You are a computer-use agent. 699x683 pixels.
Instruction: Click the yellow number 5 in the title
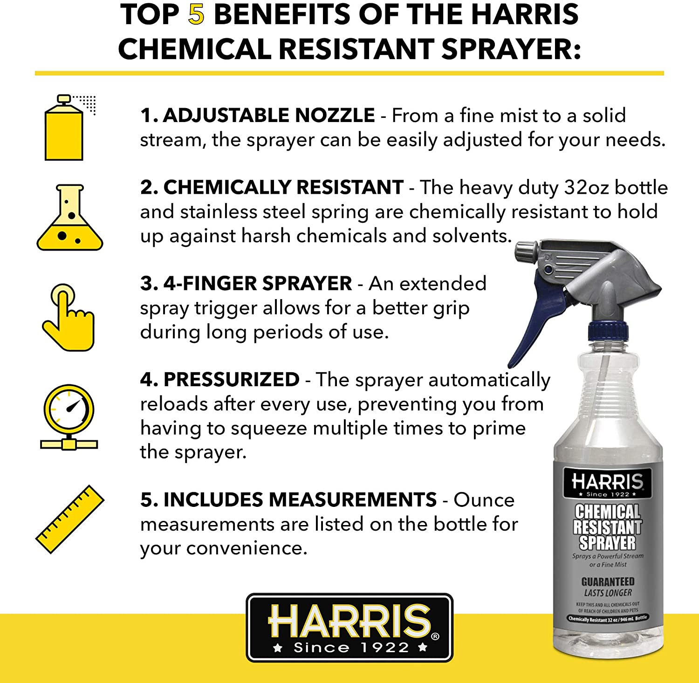tap(196, 14)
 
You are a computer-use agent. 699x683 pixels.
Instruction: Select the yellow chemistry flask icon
tap(70, 217)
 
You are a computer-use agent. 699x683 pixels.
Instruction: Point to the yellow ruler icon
tap(70, 519)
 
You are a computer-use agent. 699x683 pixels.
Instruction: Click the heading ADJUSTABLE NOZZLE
tap(269, 115)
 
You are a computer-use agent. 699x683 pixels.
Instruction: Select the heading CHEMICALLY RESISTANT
tap(283, 187)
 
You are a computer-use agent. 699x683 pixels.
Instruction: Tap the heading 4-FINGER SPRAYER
tap(258, 283)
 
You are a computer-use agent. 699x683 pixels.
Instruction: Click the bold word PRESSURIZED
tap(232, 379)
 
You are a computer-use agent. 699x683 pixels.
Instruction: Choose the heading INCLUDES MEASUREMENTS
tap(300, 499)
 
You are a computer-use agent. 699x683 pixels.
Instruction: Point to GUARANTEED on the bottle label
tap(608, 581)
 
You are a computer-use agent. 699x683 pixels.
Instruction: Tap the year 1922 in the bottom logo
tap(384, 648)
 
